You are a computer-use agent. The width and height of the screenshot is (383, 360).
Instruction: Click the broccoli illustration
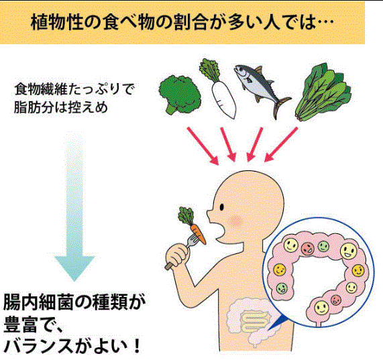180,95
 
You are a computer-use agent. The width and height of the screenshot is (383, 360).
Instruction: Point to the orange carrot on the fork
198,234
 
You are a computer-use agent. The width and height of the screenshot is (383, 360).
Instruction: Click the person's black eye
222,207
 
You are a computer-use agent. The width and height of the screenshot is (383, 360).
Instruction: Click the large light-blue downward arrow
74,207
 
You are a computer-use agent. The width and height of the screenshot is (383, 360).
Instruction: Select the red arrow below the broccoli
203,145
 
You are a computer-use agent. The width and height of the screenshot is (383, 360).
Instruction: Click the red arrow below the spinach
281,144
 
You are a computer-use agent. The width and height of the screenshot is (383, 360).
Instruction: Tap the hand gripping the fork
177,256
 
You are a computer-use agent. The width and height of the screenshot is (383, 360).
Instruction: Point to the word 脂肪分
34,107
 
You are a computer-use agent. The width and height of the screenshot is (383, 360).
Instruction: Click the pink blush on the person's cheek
235,221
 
